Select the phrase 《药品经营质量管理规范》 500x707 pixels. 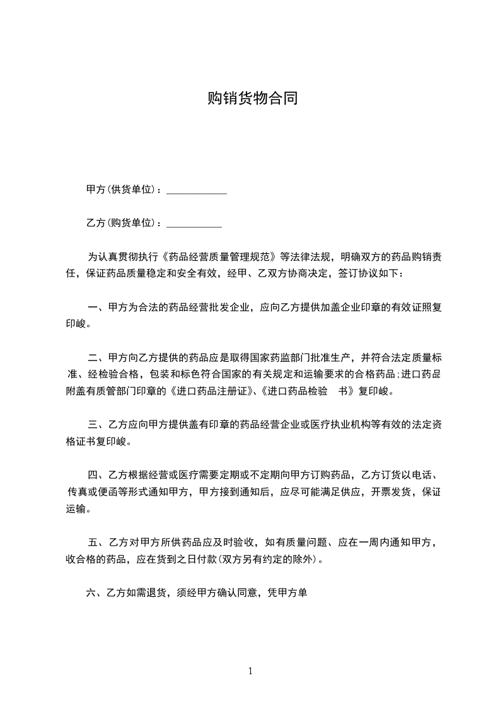221,257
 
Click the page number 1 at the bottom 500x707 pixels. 250,671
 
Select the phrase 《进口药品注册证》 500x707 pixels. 205,391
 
